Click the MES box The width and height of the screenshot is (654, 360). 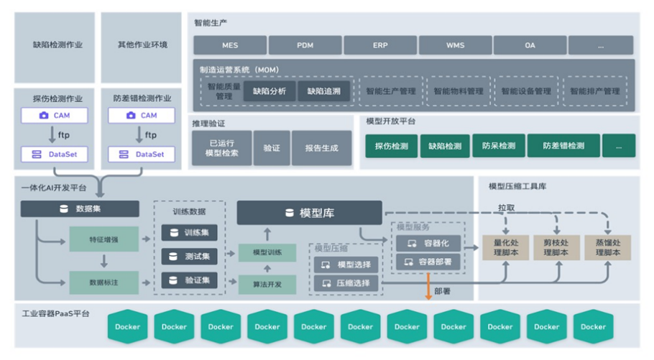pyautogui.click(x=230, y=45)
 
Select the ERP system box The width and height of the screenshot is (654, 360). pyautogui.click(x=380, y=45)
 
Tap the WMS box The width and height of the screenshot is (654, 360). pyautogui.click(x=455, y=45)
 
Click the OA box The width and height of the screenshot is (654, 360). pyautogui.click(x=530, y=45)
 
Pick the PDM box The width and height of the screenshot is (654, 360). pyautogui.click(x=305, y=45)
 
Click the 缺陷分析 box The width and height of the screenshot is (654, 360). pyautogui.click(x=270, y=91)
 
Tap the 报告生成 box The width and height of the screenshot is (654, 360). pyautogui.click(x=321, y=149)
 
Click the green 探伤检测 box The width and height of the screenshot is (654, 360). pyautogui.click(x=391, y=146)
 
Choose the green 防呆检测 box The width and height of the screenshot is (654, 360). pyautogui.click(x=498, y=146)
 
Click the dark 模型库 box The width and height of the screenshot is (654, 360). pyautogui.click(x=309, y=213)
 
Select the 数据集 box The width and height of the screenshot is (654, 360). pyautogui.click(x=80, y=209)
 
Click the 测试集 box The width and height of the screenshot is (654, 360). pyautogui.click(x=189, y=257)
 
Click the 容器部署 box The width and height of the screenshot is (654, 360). pyautogui.click(x=428, y=262)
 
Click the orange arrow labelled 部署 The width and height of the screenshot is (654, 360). pyautogui.click(x=428, y=285)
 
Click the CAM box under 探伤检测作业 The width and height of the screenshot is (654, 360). pyautogui.click(x=54, y=115)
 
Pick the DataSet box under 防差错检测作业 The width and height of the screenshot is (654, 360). pyautogui.click(x=142, y=154)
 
